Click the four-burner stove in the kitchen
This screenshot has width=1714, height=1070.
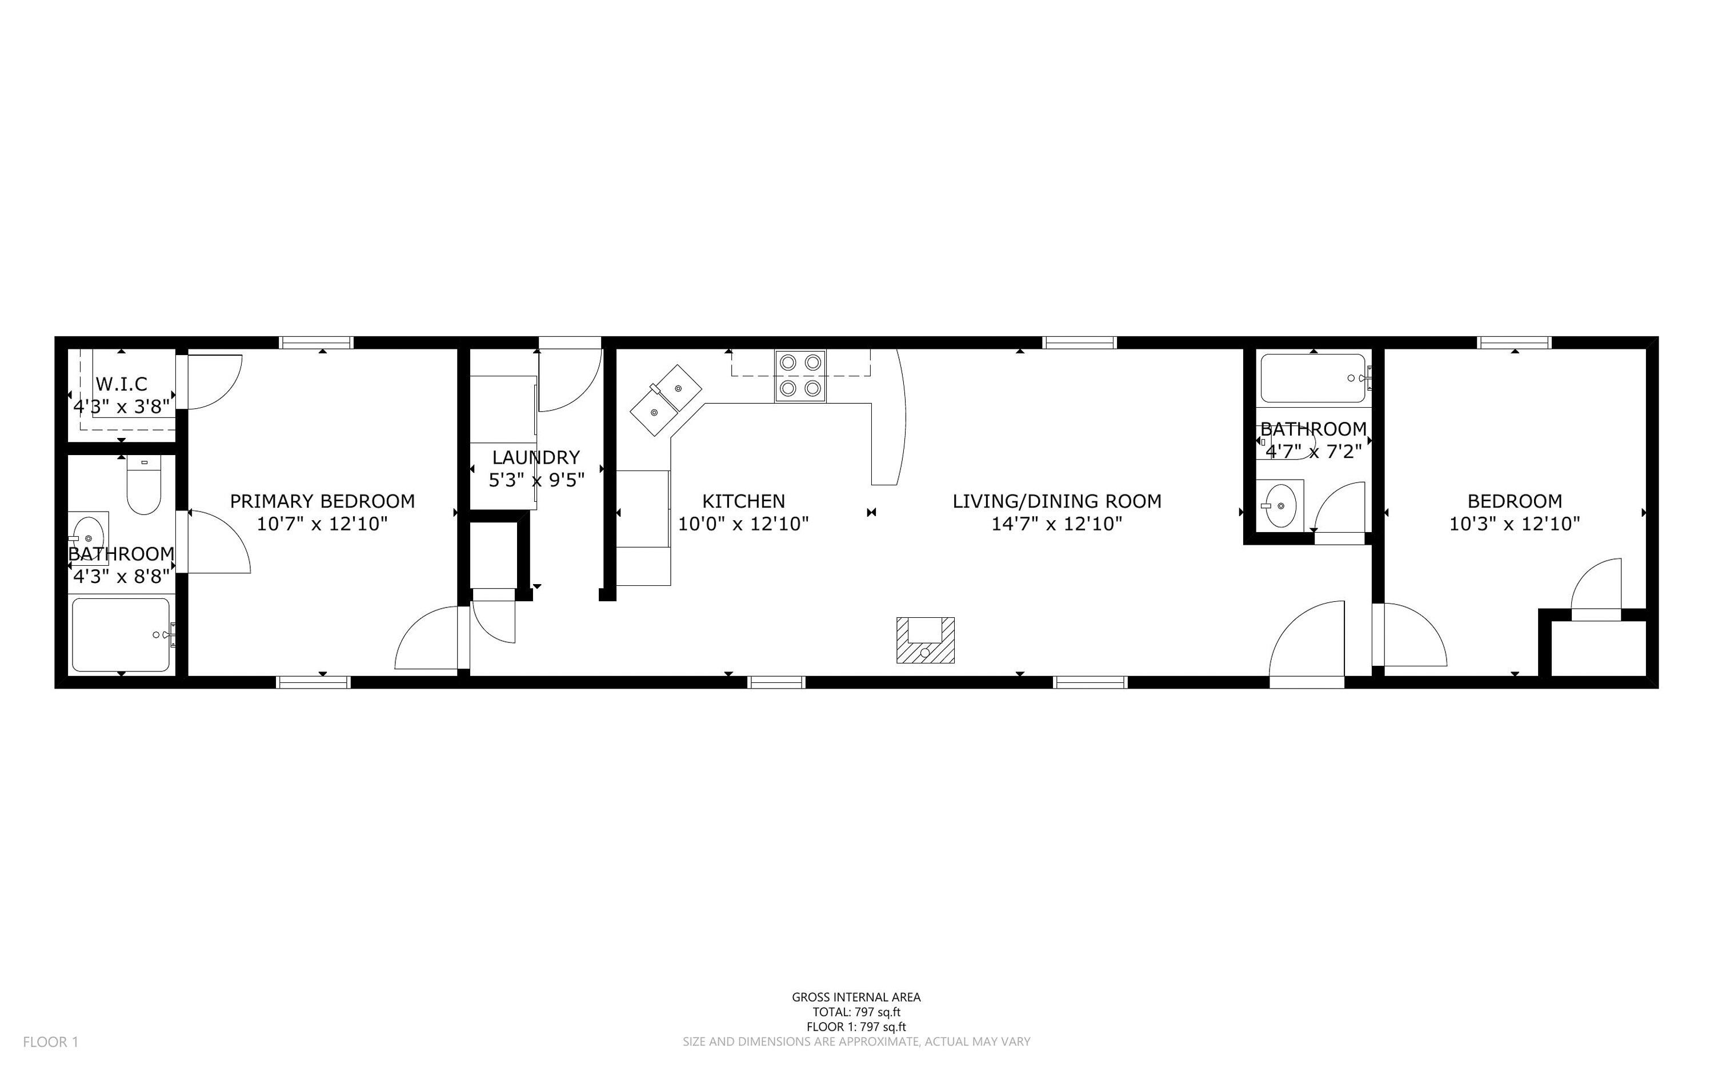point(800,376)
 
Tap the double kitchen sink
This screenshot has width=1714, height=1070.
point(666,400)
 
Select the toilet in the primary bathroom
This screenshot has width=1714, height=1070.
point(144,485)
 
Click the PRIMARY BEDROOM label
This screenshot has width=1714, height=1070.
point(322,501)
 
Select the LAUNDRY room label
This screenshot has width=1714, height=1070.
point(536,457)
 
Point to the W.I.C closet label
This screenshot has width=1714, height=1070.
point(122,384)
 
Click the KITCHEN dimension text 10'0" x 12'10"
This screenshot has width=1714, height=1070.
point(743,524)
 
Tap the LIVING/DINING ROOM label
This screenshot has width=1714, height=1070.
point(1056,501)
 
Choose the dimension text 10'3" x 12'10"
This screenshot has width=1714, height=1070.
point(1515,524)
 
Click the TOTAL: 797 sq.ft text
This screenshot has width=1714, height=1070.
point(856,1012)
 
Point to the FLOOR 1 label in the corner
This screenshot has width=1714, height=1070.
point(51,1041)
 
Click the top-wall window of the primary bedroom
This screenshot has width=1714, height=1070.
point(317,343)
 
